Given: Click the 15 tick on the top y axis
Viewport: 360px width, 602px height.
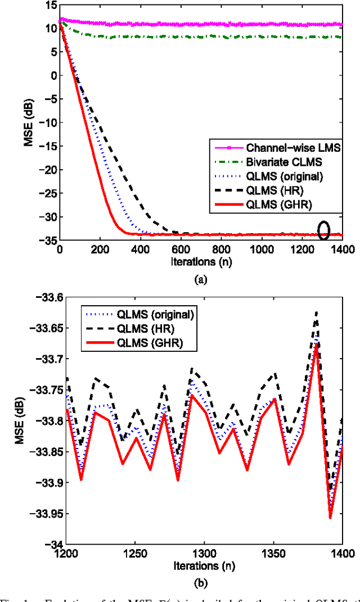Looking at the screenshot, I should tap(50, 5).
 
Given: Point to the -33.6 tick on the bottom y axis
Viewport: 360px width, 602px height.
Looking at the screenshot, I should tap(52, 297).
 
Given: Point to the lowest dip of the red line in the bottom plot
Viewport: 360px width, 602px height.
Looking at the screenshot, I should tap(330, 518).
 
